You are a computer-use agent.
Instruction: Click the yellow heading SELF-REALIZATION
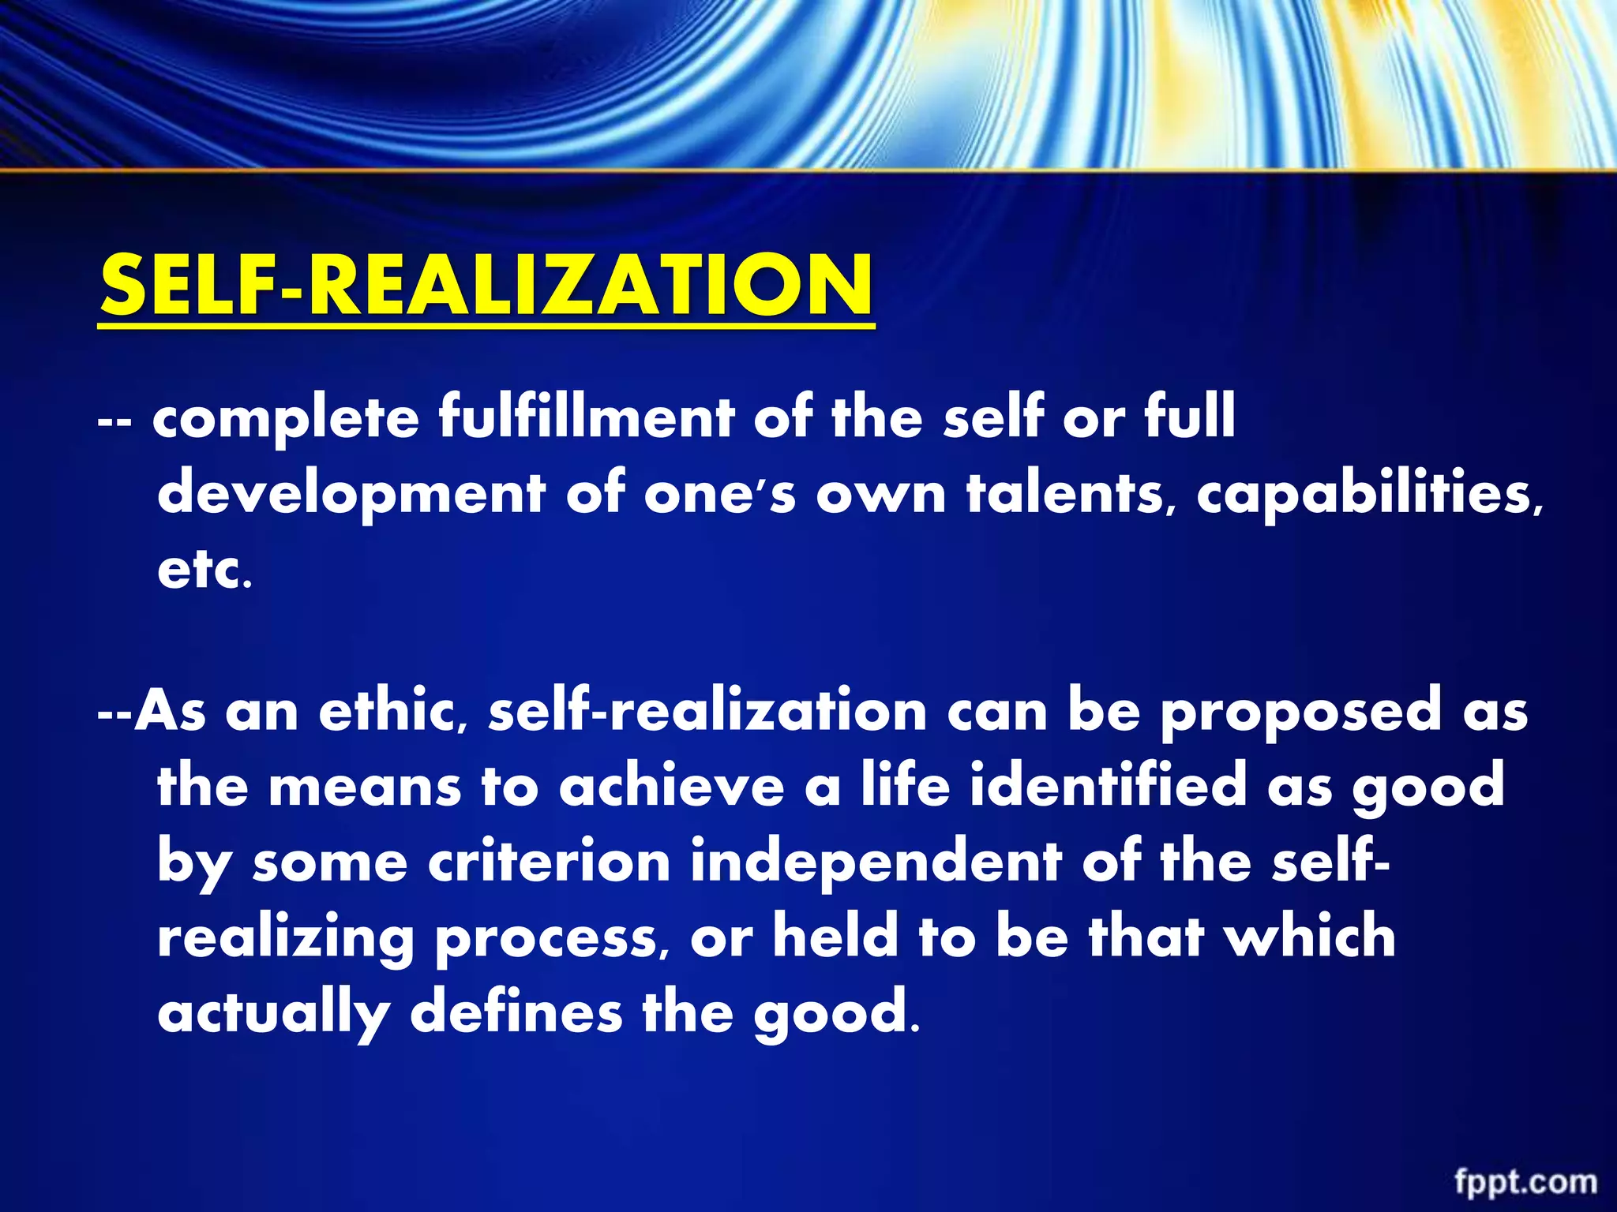(x=486, y=285)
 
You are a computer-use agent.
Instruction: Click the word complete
(x=286, y=419)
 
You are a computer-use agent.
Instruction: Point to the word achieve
(x=671, y=785)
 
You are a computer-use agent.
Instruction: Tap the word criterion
(x=549, y=861)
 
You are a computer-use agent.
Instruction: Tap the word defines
(x=516, y=1011)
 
